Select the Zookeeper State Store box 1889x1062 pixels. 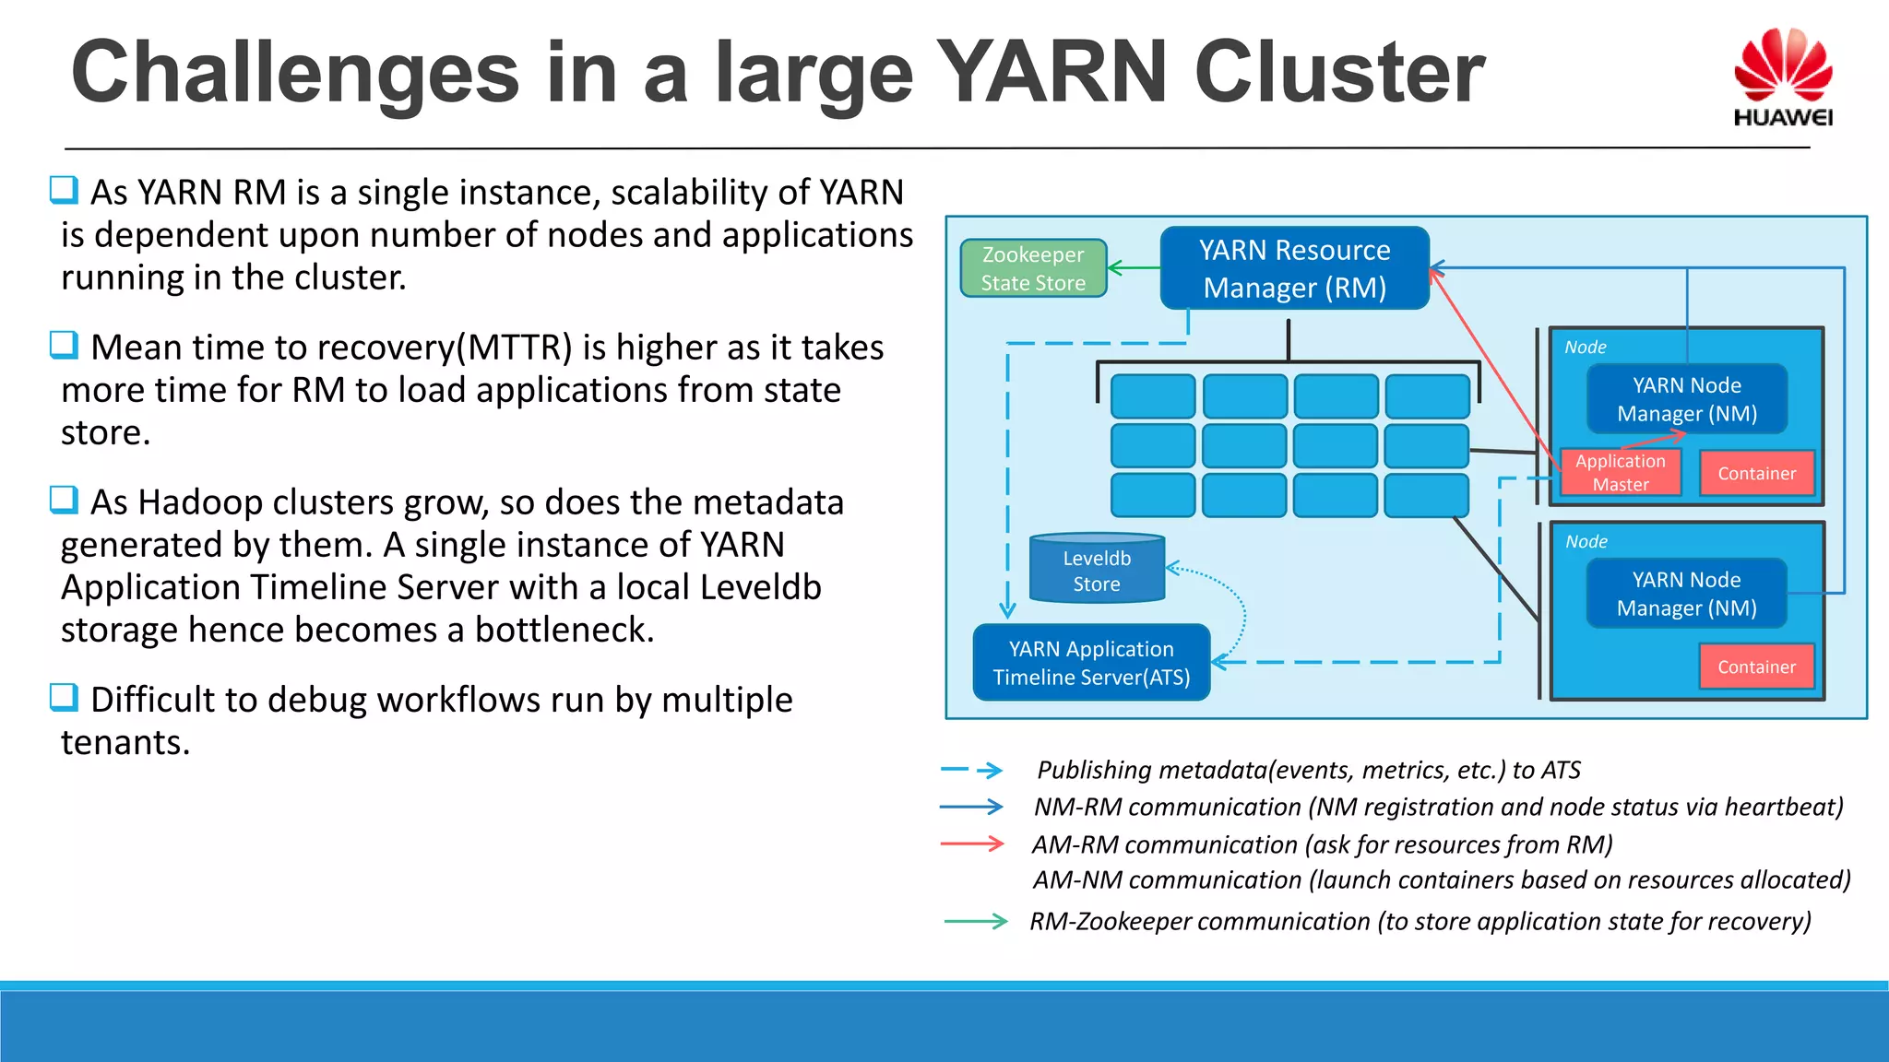pos(1033,268)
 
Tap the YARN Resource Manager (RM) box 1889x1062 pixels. pos(1294,268)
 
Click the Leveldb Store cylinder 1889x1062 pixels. pos(1097,570)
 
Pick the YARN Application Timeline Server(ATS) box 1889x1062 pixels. pos(1091,663)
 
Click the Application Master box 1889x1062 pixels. pos(1620,472)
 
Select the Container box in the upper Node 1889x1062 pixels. pos(1756,473)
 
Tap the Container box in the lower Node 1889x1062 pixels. pos(1756,667)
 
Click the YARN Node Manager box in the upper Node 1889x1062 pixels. pos(1686,399)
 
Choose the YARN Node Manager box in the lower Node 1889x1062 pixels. pos(1686,594)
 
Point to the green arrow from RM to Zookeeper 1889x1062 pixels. pos(1134,268)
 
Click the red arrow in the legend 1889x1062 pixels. pos(972,844)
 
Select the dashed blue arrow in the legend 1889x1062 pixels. pos(972,770)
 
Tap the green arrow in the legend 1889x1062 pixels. pos(976,921)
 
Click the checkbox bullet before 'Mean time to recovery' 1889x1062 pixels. pos(64,346)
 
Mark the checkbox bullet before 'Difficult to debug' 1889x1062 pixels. pos(64,697)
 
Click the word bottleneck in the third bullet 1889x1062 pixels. pos(564,630)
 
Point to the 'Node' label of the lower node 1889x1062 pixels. pos(1586,542)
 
